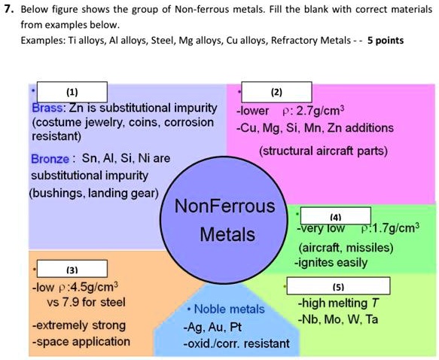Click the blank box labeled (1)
click(x=72, y=92)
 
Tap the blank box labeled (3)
click(x=72, y=269)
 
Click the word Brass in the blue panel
click(x=47, y=108)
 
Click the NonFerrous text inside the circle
click(x=225, y=206)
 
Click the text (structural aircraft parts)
click(x=323, y=151)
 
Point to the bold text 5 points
click(x=386, y=39)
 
